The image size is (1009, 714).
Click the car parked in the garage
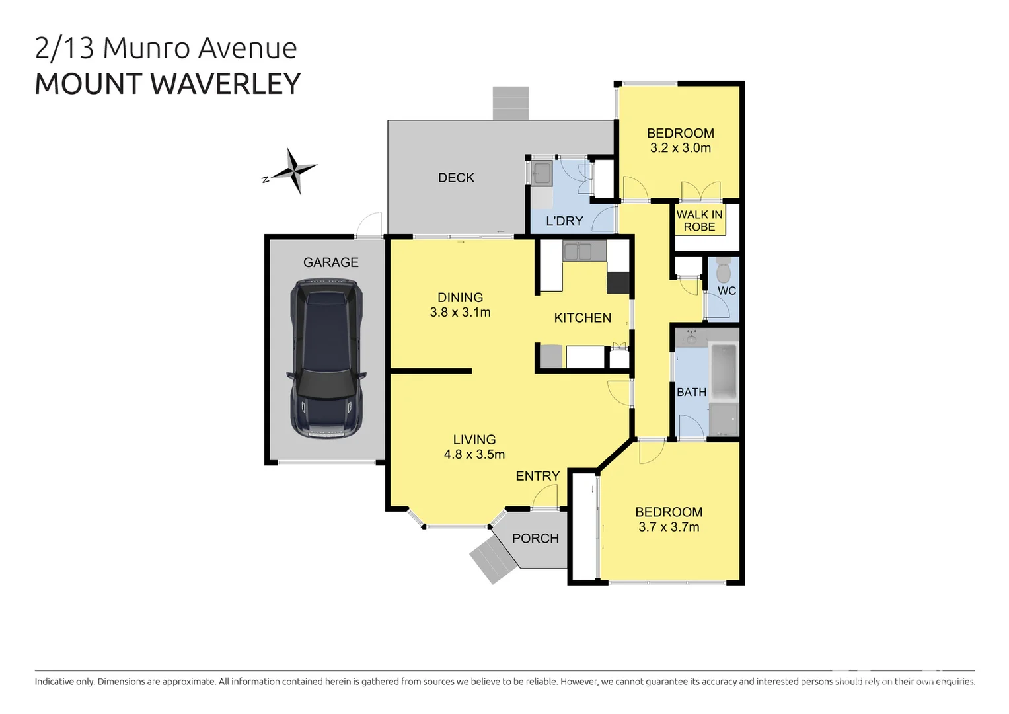[x=326, y=358]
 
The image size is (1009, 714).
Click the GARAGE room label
[x=330, y=262]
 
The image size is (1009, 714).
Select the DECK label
[x=456, y=178]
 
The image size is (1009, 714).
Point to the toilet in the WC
[x=723, y=270]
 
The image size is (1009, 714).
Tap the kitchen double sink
[x=577, y=252]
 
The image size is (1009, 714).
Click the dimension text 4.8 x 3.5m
[x=474, y=455]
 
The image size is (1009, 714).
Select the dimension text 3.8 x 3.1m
[x=460, y=313]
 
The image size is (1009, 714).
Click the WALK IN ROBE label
[x=699, y=221]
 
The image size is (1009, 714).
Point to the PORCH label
[x=535, y=539]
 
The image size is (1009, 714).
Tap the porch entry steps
[x=493, y=559]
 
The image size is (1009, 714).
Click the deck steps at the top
[x=511, y=103]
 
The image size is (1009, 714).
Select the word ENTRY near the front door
[x=537, y=476]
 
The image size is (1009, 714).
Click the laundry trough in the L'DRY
[x=542, y=173]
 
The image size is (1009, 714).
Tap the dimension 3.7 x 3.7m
[x=669, y=528]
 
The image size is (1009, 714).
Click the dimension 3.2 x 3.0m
[x=680, y=149]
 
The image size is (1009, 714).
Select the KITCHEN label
[x=582, y=318]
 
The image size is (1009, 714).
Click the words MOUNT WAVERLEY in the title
[x=167, y=84]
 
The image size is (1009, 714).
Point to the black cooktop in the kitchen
[x=618, y=282]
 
